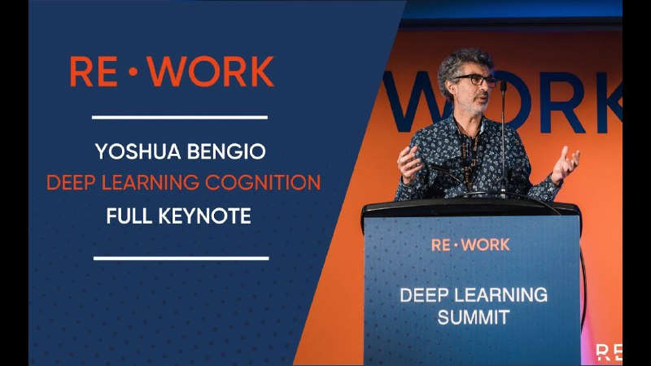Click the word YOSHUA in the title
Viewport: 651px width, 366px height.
coord(138,151)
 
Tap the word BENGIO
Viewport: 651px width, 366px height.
coord(226,151)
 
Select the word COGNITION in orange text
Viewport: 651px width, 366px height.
coord(263,182)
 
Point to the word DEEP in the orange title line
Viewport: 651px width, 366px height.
coord(71,182)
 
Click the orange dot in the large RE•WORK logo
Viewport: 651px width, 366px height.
coord(133,72)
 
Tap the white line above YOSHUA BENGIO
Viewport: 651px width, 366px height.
coord(179,117)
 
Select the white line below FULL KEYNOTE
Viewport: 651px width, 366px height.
coord(181,258)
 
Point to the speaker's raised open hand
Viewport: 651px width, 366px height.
coord(566,164)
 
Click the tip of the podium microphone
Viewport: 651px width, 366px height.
coord(503,85)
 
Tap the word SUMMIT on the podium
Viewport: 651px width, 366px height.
coord(474,317)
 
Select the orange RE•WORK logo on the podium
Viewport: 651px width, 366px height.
coord(470,245)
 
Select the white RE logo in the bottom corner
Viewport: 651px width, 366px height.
coord(609,352)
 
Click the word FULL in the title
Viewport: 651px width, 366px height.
coord(129,216)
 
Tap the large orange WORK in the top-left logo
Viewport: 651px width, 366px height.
coord(211,72)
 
